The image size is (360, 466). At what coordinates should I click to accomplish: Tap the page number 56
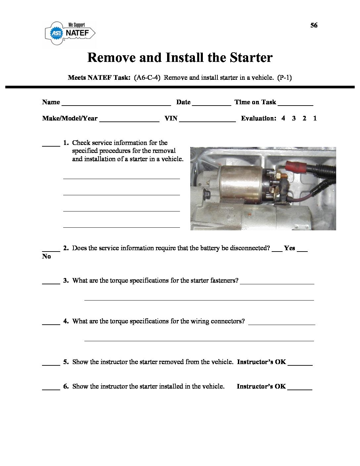click(314, 25)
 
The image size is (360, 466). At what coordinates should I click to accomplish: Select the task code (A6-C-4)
click(147, 78)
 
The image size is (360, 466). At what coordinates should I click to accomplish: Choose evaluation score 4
click(283, 118)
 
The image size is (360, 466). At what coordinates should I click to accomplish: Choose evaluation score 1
click(315, 118)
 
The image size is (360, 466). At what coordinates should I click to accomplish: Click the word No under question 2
click(47, 256)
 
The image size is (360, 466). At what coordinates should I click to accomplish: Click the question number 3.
click(66, 281)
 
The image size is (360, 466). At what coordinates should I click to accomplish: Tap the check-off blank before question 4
click(51, 323)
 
